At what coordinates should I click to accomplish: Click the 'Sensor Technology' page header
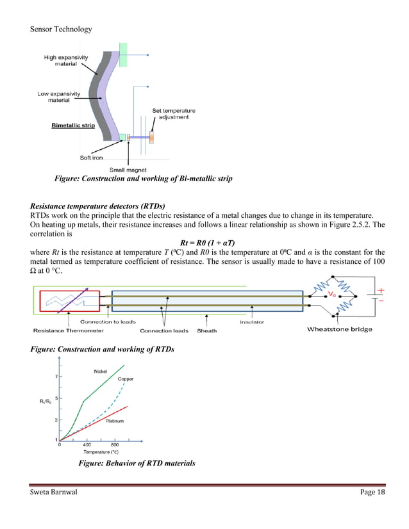point(60,29)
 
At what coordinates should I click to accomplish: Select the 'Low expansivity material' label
point(59,97)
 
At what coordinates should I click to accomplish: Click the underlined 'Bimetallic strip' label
point(73,126)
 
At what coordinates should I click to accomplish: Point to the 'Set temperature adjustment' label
point(173,114)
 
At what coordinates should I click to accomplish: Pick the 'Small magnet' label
point(126,170)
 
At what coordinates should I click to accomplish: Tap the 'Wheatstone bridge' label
point(339,330)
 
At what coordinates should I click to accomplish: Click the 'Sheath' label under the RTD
point(206,330)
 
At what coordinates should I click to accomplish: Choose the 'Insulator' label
point(252,321)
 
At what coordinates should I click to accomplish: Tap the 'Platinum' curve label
point(114,421)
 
